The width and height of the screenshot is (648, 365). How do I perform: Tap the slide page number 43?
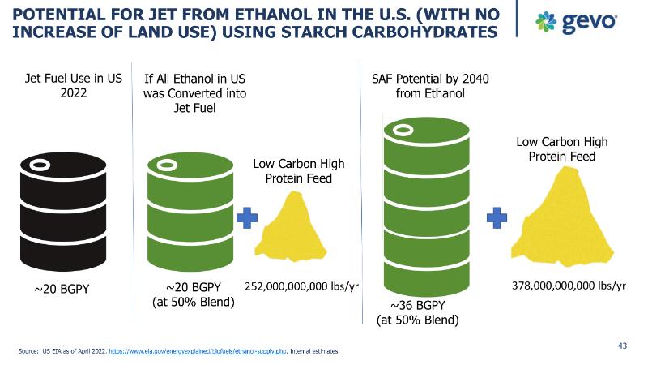[622, 346]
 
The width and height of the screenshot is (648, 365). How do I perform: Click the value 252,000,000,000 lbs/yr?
[301, 286]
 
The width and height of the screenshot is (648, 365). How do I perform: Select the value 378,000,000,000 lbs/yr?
[569, 286]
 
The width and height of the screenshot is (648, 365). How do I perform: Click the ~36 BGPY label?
[418, 305]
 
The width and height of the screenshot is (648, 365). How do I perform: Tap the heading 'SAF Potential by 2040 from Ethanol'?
[424, 86]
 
